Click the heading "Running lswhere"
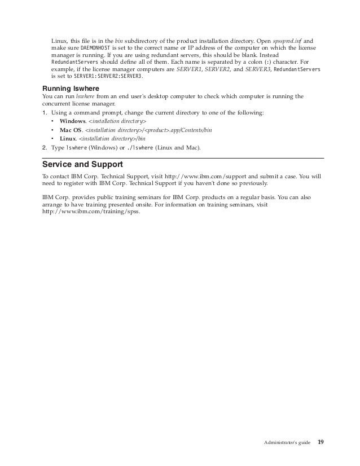coord(71,88)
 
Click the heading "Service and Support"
coord(83,165)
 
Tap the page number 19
coord(321,442)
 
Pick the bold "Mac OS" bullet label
coord(71,130)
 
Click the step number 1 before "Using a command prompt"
coord(45,113)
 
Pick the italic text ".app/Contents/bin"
coord(188,130)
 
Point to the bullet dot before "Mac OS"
coord(52,130)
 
